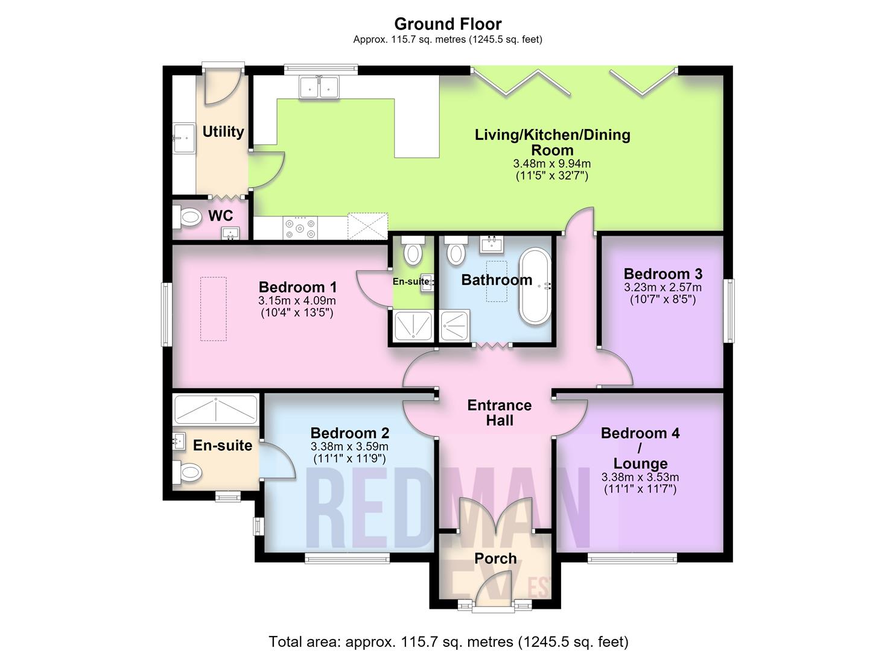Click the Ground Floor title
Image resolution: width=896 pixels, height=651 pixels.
point(448,24)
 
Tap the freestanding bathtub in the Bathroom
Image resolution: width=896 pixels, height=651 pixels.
point(535,286)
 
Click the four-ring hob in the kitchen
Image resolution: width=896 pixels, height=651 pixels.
point(300,227)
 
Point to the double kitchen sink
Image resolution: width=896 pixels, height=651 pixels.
point(319,87)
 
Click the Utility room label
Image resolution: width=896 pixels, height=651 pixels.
point(223,131)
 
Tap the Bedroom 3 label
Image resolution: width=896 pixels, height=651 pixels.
point(663,274)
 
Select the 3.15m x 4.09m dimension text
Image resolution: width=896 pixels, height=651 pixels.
point(297,301)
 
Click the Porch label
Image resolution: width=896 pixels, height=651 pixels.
point(495,558)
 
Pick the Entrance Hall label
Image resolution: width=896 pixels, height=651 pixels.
point(500,413)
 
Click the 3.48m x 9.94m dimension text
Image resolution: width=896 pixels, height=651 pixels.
point(552,164)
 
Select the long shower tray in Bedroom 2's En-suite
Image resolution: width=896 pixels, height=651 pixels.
point(216,409)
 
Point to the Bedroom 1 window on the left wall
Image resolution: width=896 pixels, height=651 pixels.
point(167,314)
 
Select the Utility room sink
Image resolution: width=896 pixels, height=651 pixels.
point(183,138)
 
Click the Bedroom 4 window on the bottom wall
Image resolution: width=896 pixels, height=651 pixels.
point(632,558)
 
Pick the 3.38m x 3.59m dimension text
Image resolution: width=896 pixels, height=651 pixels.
point(349,447)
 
